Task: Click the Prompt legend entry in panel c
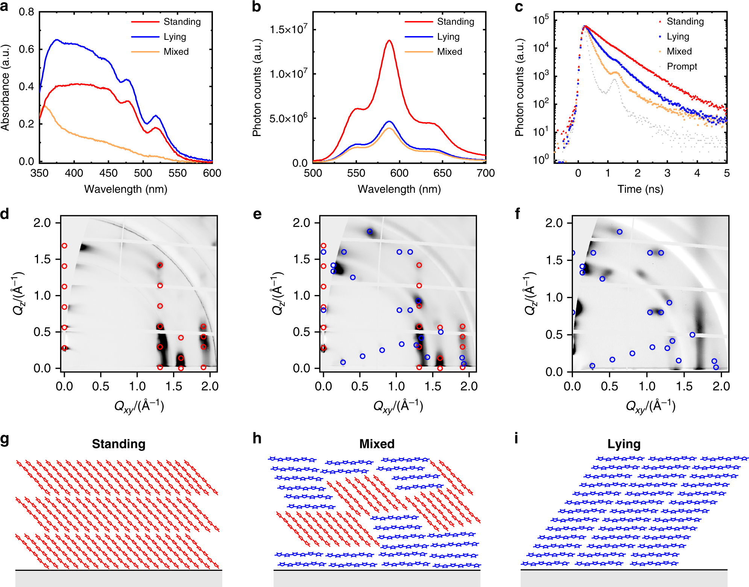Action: tap(681, 67)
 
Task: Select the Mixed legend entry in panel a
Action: tap(176, 51)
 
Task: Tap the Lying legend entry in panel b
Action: tap(448, 37)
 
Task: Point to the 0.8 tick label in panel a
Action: tap(26, 12)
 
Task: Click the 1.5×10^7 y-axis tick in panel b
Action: tap(288, 29)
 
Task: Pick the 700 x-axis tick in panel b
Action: tap(485, 173)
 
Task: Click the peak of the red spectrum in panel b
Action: tap(389, 41)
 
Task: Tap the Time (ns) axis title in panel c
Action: tap(640, 189)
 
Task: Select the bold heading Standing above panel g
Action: tap(119, 444)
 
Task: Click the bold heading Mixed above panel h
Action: tap(377, 444)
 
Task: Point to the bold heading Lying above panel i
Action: tap(624, 444)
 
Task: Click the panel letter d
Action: tap(5, 214)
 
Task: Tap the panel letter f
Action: tap(518, 214)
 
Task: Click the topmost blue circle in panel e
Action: tap(370, 231)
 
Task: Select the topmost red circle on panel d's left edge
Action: tap(64, 246)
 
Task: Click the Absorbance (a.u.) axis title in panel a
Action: tap(5, 87)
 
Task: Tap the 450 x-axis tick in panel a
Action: tap(108, 173)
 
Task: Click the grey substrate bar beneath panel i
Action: tap(624, 578)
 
